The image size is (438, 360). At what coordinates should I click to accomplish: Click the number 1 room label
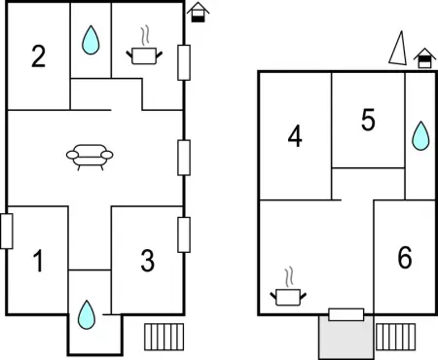39,261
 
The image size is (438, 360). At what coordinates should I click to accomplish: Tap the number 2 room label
38,56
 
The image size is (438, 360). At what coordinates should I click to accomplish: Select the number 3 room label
148,261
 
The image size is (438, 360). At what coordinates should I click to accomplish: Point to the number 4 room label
295,136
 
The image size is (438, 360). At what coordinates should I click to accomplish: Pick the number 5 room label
368,120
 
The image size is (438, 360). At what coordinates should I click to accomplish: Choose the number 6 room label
405,257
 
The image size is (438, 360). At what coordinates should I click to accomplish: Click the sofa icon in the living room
90,157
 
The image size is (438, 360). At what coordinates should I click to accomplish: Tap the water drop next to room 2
91,40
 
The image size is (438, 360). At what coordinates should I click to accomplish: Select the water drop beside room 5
420,136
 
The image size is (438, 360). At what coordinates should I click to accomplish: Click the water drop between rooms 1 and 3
87,315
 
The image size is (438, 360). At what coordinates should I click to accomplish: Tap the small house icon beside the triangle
424,58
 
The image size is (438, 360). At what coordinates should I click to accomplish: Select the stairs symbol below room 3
164,337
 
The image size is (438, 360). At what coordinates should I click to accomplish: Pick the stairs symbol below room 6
395,337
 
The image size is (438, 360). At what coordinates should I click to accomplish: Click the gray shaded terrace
347,337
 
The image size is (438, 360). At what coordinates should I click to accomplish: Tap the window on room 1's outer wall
7,232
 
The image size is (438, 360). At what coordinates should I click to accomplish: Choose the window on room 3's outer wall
184,234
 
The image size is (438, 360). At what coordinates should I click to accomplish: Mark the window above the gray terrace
347,314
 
